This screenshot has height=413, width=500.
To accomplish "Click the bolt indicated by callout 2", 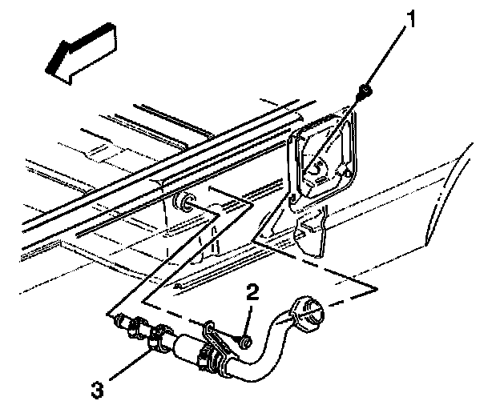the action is click(244, 343).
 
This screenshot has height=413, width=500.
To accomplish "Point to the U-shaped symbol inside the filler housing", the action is click(319, 166).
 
